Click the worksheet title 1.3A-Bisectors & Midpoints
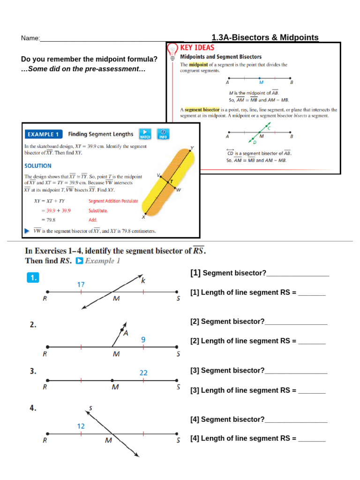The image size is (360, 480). coord(265,37)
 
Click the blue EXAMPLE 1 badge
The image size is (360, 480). coord(43,134)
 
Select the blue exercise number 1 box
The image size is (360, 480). coord(33,277)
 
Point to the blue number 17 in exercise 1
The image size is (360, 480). coord(81,284)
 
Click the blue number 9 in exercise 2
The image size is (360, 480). coord(143,340)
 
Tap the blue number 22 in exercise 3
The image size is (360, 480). coord(143,373)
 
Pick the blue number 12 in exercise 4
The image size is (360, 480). coord(81,426)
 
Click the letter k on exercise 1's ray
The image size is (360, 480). coord(143,281)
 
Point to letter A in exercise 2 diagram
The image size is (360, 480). coord(126,333)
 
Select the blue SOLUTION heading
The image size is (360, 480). coord(38,165)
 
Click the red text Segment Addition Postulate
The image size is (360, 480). coord(113,201)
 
